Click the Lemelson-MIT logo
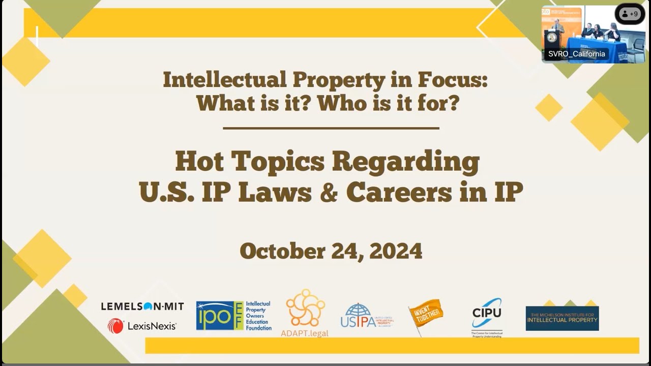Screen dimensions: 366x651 [142, 307]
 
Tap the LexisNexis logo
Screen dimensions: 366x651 [142, 326]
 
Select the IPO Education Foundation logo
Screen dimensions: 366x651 [233, 316]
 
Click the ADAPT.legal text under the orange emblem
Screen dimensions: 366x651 [305, 333]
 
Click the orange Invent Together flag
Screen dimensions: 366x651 [426, 315]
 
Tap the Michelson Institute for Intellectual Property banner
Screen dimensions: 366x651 [562, 318]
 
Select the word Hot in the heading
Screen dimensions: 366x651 [200, 162]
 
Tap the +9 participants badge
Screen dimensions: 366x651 [630, 14]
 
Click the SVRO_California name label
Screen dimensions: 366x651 [576, 54]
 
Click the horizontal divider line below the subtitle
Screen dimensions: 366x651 [331, 128]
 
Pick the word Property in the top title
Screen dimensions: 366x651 [335, 80]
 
